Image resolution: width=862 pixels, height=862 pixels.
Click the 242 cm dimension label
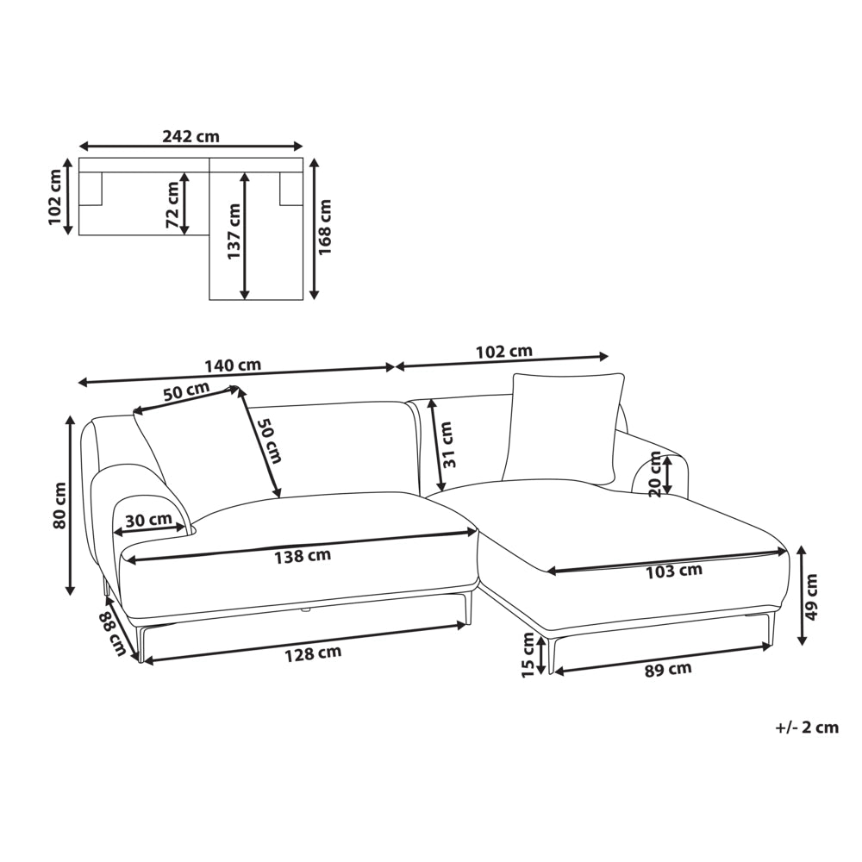[x=191, y=136]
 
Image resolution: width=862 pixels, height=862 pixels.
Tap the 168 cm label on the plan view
[x=326, y=227]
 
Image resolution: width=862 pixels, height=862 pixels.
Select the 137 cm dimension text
[x=234, y=231]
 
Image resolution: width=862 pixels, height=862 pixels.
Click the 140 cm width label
[x=233, y=365]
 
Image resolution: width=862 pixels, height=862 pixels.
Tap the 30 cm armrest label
[x=148, y=520]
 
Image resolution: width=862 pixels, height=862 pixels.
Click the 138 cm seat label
[x=303, y=556]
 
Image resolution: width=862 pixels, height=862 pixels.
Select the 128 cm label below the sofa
[x=313, y=653]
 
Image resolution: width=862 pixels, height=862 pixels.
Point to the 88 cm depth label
[x=113, y=634]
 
